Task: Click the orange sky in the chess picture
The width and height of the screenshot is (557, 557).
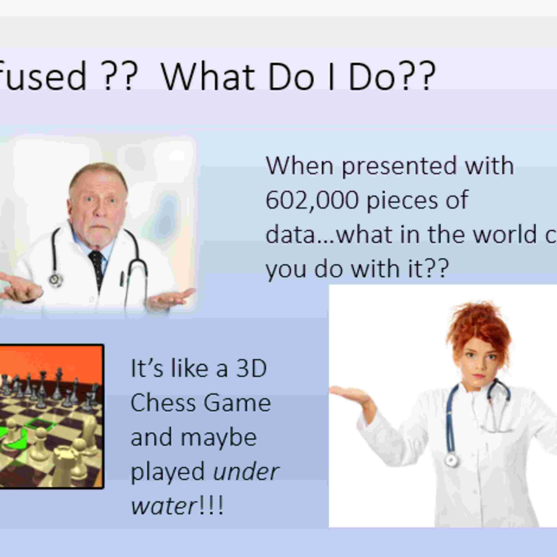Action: pyautogui.click(x=58, y=360)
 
